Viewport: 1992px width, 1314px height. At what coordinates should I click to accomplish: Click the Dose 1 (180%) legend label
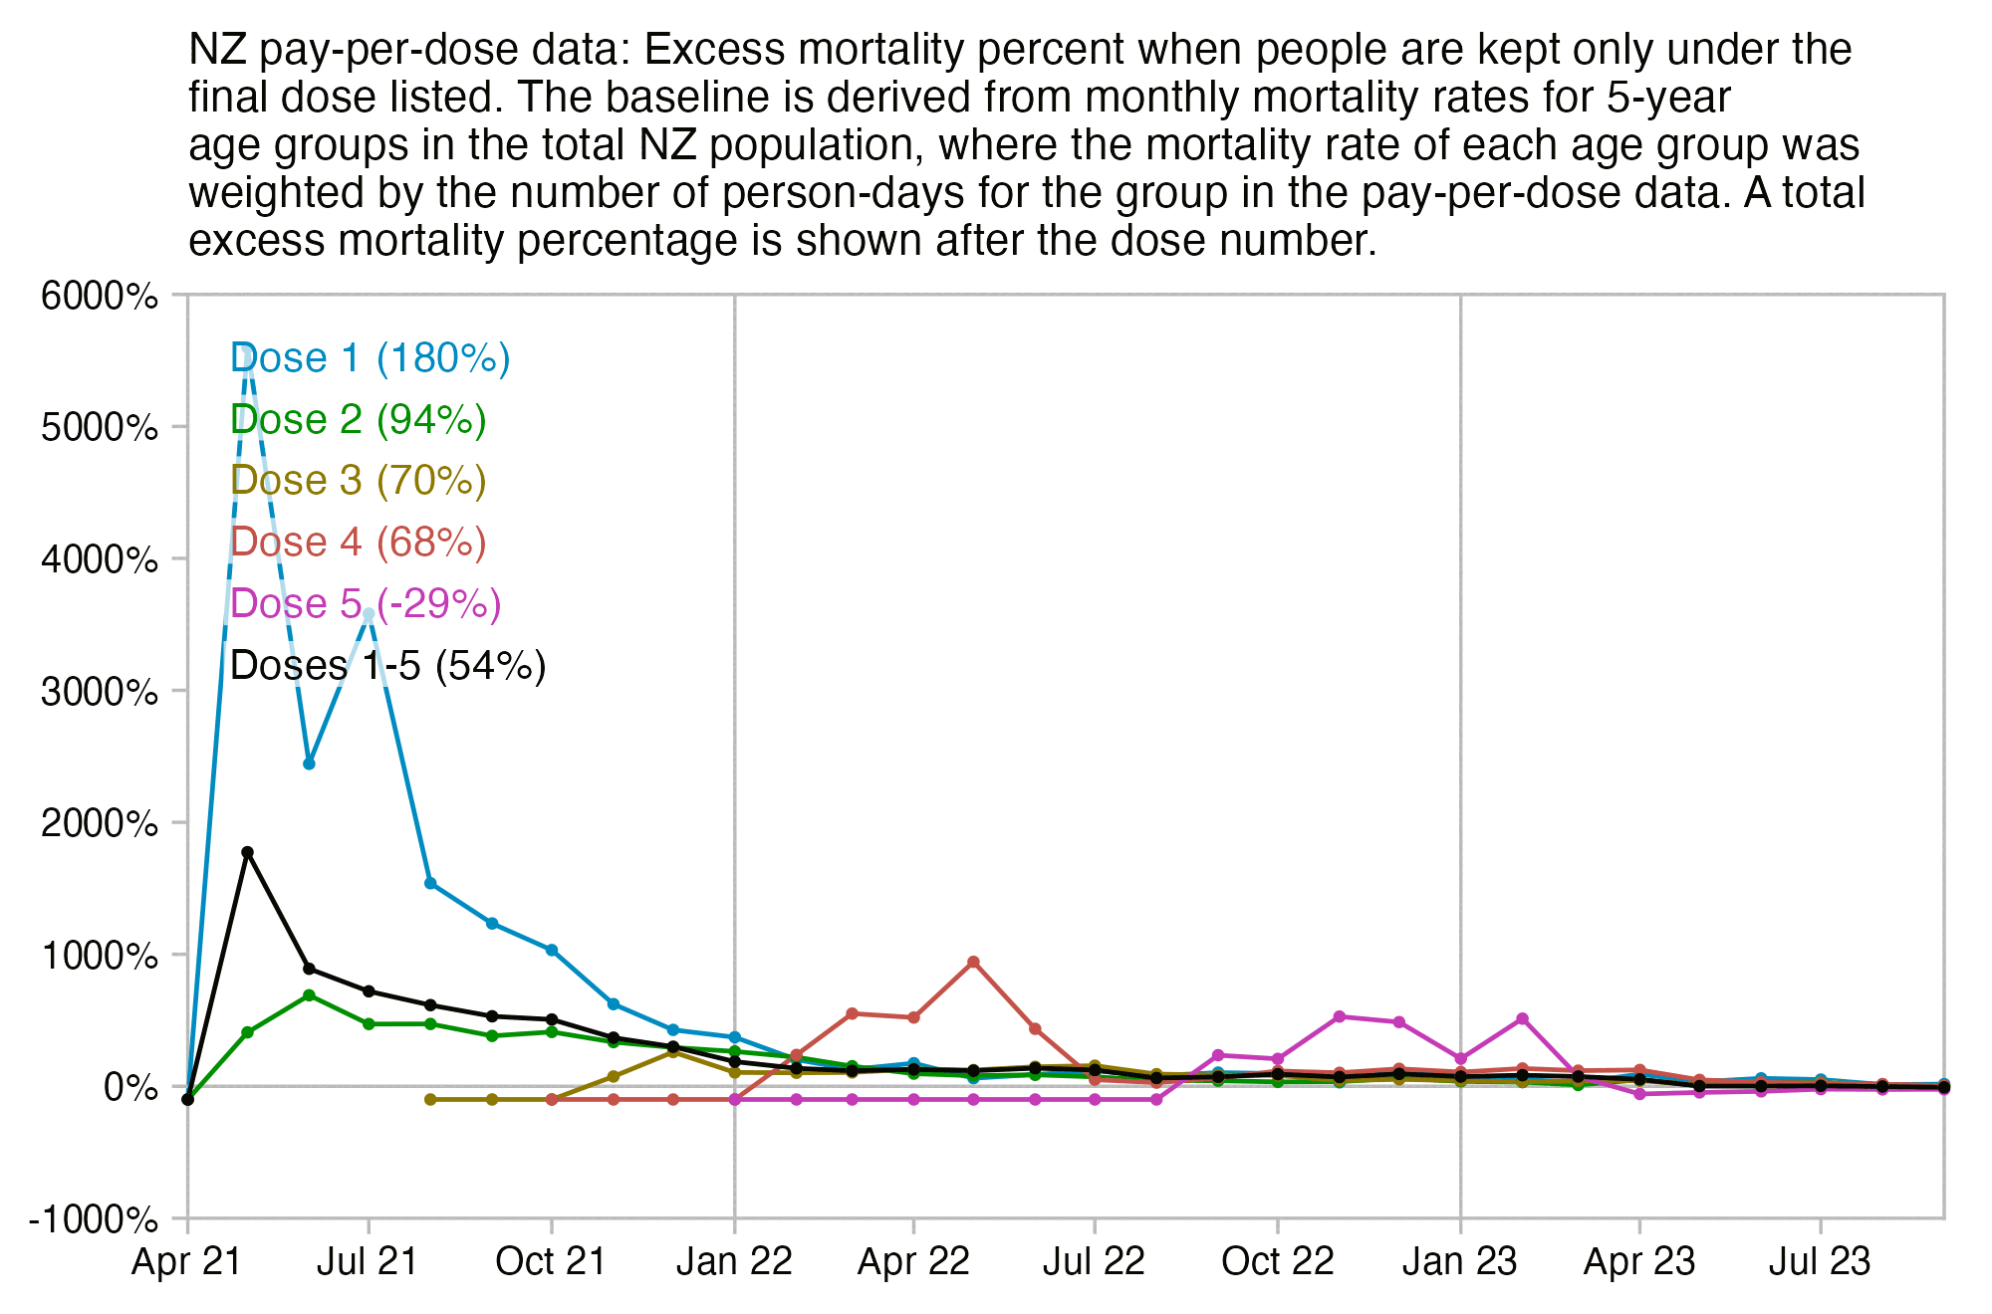point(370,358)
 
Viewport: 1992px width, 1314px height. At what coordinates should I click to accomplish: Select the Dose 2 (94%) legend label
point(358,420)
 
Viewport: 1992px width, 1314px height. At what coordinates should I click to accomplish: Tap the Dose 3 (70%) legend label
point(358,481)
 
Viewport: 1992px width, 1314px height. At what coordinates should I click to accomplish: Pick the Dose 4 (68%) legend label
point(358,543)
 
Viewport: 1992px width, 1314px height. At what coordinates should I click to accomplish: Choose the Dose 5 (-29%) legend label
point(366,604)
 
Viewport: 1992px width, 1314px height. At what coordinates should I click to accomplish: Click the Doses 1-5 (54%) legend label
point(387,666)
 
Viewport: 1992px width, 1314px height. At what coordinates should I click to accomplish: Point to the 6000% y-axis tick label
point(100,296)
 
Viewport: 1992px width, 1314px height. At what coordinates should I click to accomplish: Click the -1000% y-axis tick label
point(94,1219)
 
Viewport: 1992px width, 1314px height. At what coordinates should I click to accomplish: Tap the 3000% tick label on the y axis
point(100,691)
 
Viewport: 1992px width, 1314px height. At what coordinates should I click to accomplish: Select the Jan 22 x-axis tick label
point(734,1262)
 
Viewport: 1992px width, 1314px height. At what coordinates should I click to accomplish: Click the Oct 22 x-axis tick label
point(1277,1262)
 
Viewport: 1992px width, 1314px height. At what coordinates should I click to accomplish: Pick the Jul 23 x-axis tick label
point(1820,1262)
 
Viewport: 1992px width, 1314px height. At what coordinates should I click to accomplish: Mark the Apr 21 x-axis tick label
point(187,1262)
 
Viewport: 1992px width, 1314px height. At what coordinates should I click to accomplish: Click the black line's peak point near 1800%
point(248,852)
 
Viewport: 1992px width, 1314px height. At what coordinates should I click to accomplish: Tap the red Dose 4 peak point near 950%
point(973,962)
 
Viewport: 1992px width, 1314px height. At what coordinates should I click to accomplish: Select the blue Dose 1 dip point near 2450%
point(309,764)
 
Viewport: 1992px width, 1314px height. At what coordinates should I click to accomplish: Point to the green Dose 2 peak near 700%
point(309,994)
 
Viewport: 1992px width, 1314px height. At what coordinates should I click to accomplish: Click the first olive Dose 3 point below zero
point(430,1099)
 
